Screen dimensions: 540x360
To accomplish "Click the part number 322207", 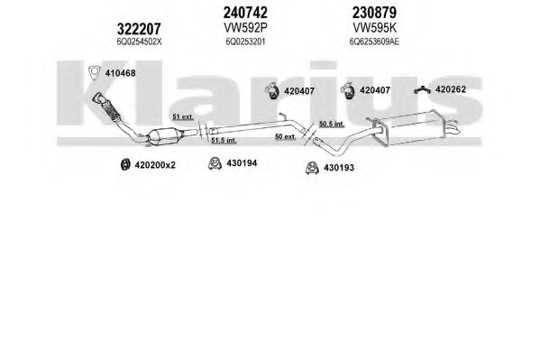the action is (139, 29).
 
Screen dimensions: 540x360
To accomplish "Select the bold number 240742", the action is (245, 13).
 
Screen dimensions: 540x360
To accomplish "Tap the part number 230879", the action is (374, 13).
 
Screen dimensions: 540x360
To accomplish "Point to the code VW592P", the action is (245, 27).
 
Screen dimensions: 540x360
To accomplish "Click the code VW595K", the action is (375, 27).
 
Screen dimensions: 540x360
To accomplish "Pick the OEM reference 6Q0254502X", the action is (139, 42).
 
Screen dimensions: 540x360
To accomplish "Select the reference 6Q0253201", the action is (245, 42).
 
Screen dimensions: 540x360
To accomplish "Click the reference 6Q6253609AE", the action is (374, 42).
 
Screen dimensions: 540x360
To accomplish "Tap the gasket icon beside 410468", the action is (94, 72).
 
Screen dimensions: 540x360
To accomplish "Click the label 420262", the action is (451, 89).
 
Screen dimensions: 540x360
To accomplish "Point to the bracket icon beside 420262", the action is (422, 89).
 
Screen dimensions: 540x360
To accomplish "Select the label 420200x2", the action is (155, 165).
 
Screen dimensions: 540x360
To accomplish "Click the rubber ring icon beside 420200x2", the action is (124, 164).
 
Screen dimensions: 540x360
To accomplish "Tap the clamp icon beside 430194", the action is (215, 163).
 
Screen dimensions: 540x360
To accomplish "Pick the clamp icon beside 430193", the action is (312, 168).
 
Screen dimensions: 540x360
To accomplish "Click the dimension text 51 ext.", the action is (183, 117).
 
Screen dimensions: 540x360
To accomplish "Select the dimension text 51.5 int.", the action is (224, 141).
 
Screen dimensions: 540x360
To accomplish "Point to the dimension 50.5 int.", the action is (332, 124).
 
